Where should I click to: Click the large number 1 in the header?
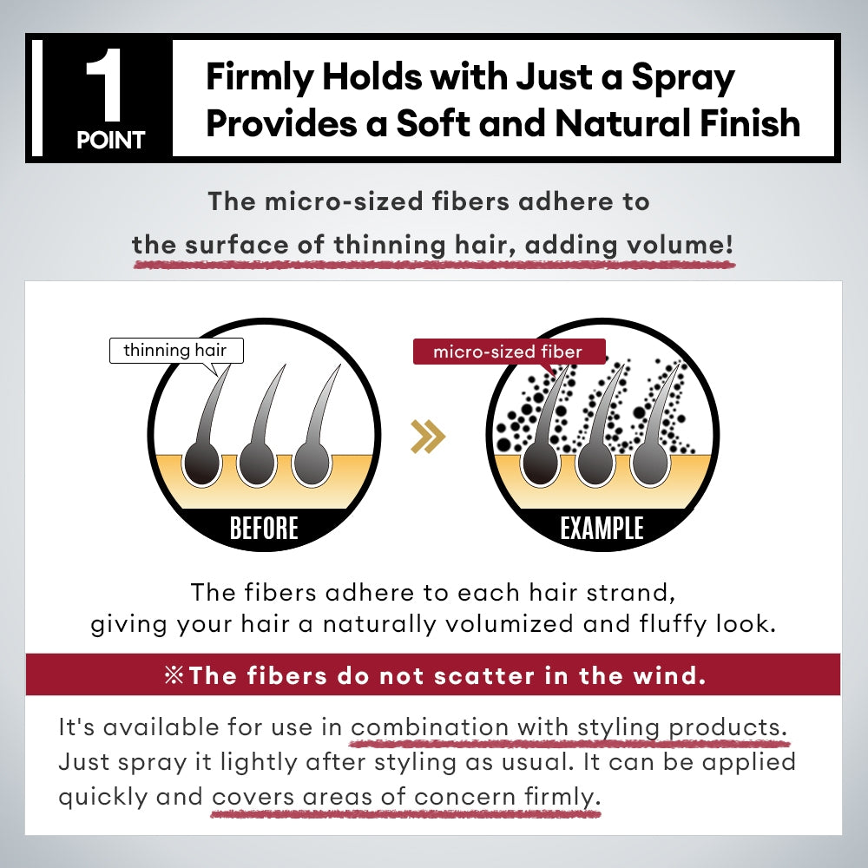coord(104,87)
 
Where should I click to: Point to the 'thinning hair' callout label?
coord(175,351)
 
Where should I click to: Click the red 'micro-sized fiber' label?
coord(508,352)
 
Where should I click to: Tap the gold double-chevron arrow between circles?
coord(428,437)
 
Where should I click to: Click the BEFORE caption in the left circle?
coord(264,528)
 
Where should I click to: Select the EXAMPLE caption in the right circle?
coord(602,528)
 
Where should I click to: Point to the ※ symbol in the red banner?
coord(174,675)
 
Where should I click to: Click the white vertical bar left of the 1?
coord(36,97)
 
